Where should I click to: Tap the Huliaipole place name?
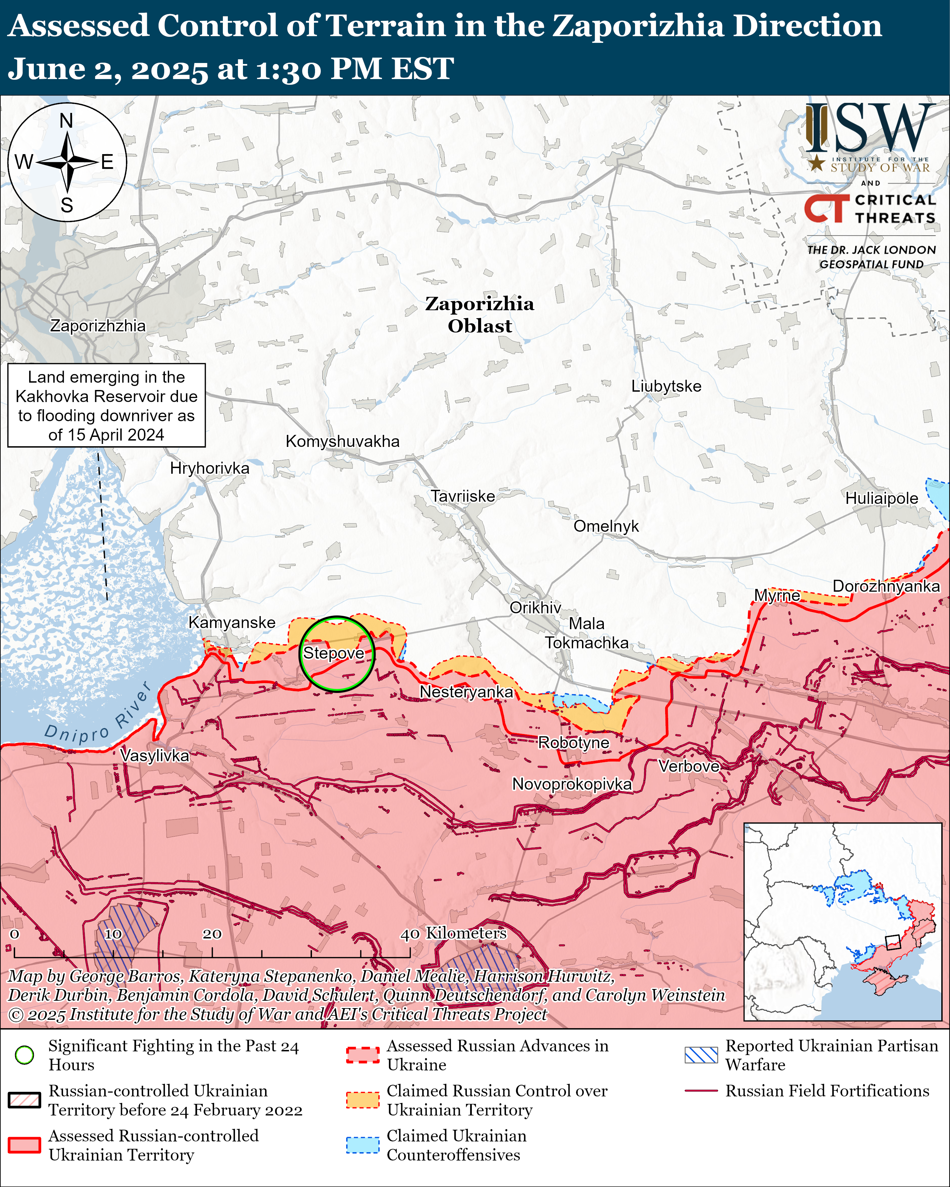coord(881,498)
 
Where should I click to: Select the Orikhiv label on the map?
coord(535,607)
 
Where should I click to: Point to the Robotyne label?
coord(573,743)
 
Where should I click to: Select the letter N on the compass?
coord(66,121)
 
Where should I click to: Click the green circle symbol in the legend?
coord(24,1055)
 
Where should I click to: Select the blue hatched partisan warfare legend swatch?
coord(701,1055)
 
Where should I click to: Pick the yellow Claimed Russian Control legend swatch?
coord(362,1100)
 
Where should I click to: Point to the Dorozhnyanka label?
coord(886,586)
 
